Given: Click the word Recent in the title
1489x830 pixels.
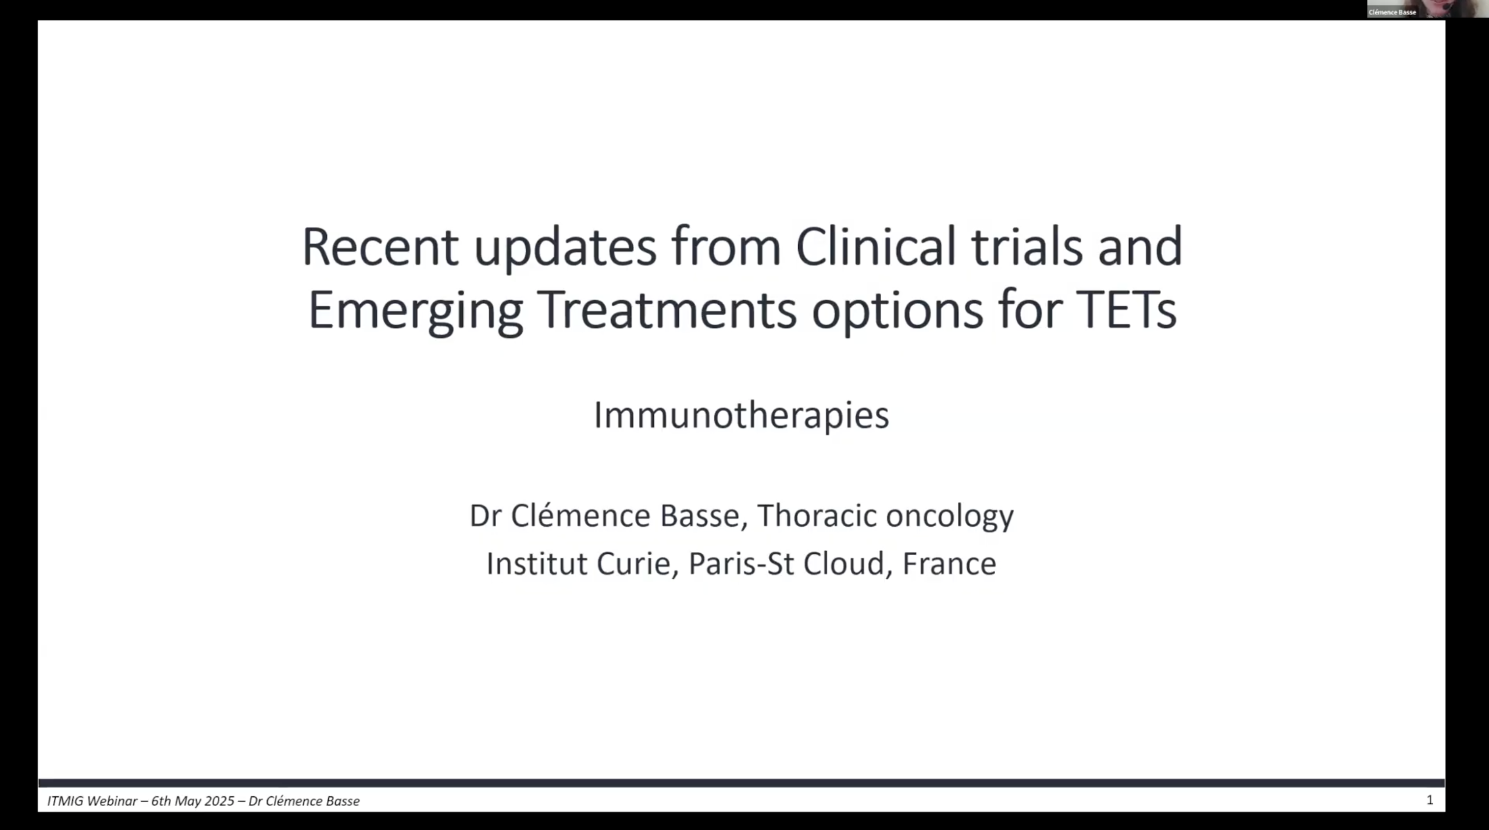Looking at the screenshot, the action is pos(380,246).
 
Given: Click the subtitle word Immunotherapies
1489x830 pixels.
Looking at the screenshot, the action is pos(741,415).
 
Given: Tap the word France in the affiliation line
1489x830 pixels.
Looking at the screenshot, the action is pos(949,563).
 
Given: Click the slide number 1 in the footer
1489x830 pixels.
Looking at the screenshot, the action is pos(1430,800).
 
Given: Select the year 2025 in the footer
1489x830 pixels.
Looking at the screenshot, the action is pos(219,800).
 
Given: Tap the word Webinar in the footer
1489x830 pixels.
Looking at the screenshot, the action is pos(113,800).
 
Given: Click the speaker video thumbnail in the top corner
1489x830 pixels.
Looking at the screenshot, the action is pos(1427,9).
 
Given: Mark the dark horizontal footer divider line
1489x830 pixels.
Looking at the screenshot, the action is pos(741,783).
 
